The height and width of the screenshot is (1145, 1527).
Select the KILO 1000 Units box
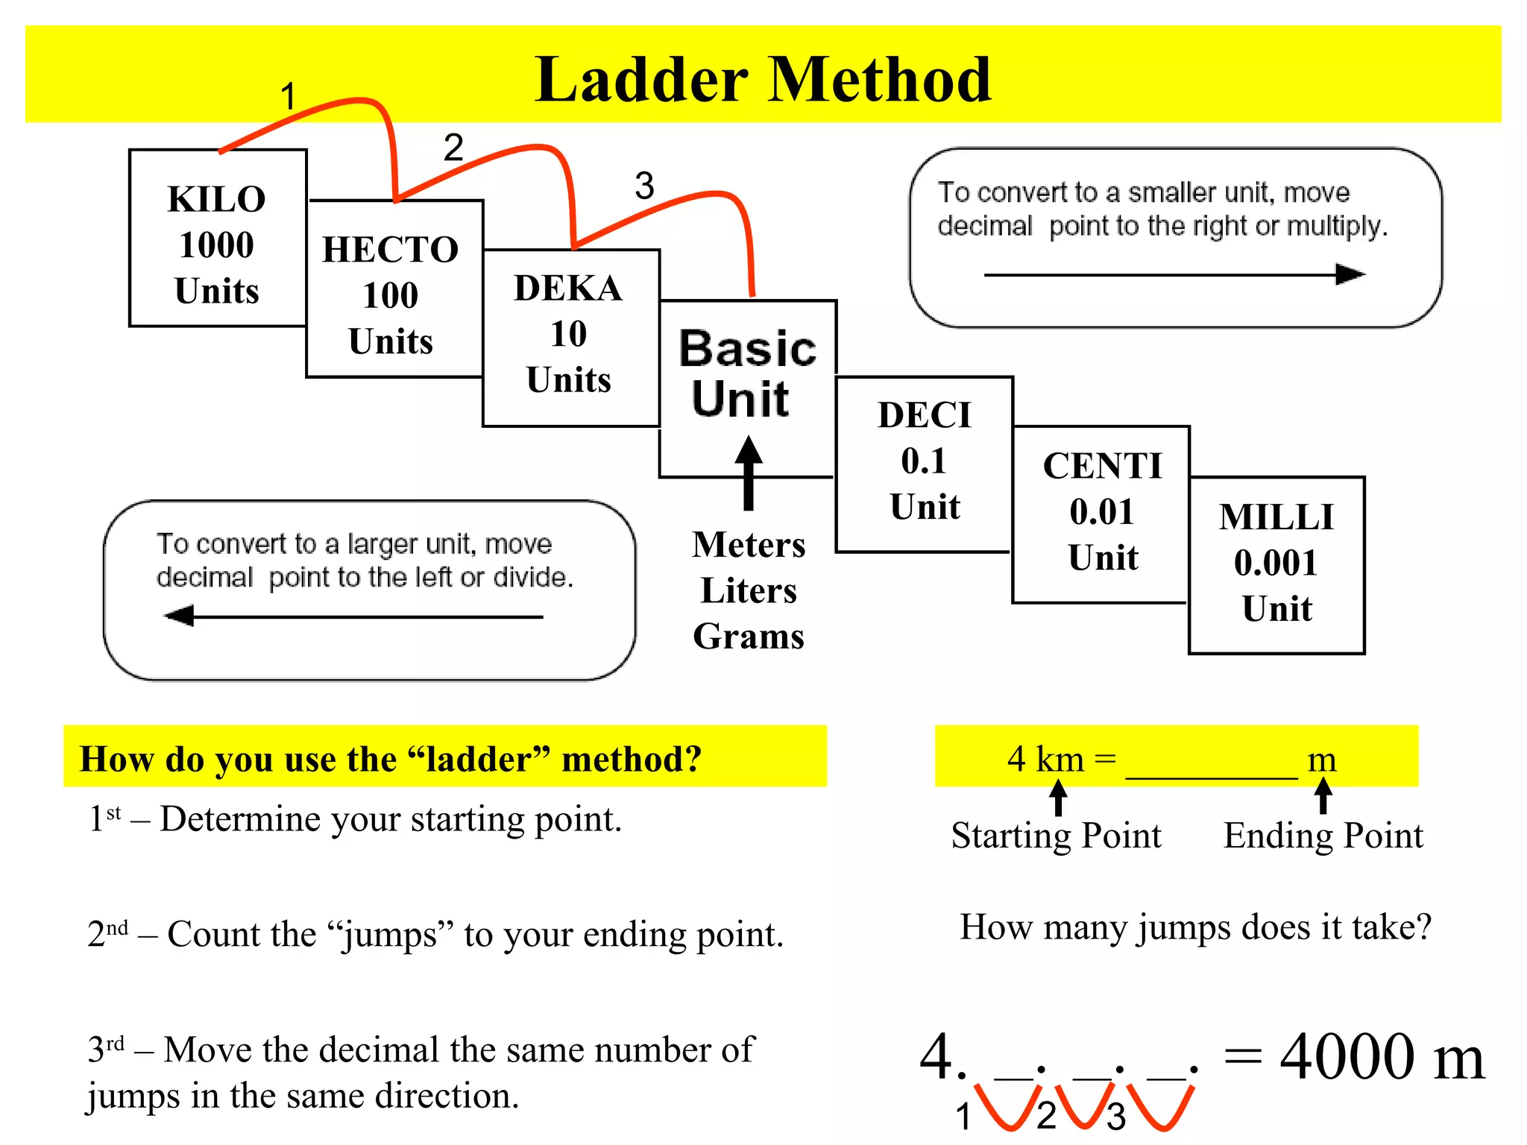click(x=217, y=239)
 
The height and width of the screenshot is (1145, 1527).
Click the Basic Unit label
click(x=746, y=373)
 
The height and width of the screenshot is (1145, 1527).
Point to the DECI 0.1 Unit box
click(x=925, y=462)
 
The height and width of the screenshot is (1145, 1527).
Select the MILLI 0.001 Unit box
click(x=1276, y=564)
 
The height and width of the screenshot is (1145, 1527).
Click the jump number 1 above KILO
click(x=289, y=97)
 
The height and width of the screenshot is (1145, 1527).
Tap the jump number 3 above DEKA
click(x=644, y=186)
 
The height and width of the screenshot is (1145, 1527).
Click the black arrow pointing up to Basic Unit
click(x=749, y=473)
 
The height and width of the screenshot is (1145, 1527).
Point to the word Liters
click(x=749, y=590)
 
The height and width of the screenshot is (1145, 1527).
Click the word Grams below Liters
click(x=749, y=637)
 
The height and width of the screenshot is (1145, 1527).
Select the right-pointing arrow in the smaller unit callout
click(x=1174, y=274)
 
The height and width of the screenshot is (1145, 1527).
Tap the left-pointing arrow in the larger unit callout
click(x=353, y=616)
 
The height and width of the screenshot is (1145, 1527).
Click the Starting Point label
click(x=1056, y=835)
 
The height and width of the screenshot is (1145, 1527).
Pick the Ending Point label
click(x=1323, y=835)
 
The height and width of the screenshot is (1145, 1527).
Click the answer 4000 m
click(x=1381, y=1057)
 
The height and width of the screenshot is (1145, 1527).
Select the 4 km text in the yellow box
click(x=1045, y=759)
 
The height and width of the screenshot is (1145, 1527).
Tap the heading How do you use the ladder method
click(x=391, y=759)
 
